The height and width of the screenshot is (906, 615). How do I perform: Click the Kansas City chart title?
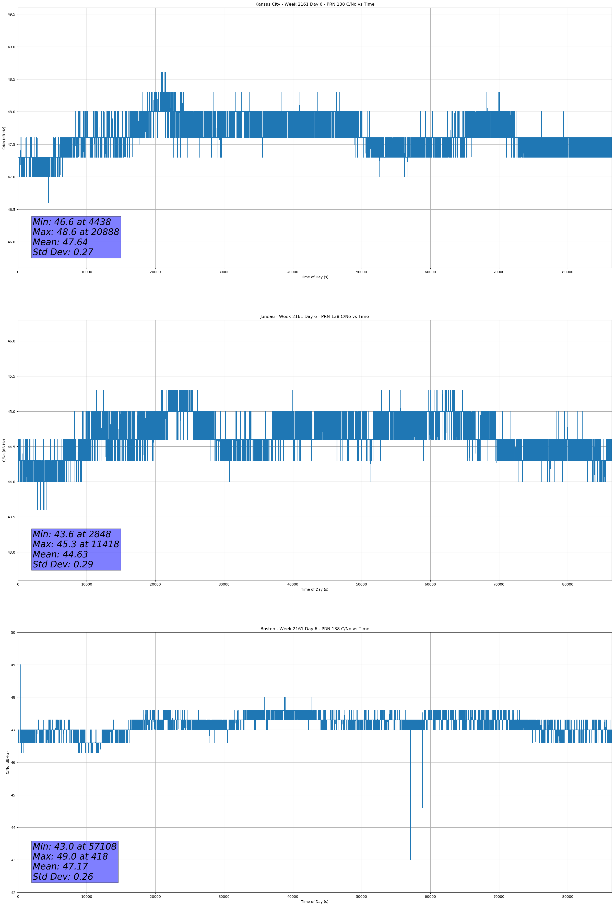314,4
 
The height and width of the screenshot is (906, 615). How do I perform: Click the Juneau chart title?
314,317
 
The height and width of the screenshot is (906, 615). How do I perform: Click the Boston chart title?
314,629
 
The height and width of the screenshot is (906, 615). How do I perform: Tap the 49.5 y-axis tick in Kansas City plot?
11,14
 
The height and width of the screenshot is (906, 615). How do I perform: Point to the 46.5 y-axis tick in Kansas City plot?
11,209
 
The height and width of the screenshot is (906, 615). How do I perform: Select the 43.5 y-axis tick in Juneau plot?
11,517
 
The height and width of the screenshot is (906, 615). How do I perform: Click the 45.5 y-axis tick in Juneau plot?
11,376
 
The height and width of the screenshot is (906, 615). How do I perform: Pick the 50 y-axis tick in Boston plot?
13,632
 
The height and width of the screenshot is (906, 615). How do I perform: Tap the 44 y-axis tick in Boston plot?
13,827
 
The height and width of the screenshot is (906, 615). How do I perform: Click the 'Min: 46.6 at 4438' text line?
72,222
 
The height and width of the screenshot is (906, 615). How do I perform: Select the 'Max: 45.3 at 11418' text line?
76,544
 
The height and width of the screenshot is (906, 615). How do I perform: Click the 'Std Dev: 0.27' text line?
63,252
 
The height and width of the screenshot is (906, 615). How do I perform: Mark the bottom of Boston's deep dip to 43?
410,859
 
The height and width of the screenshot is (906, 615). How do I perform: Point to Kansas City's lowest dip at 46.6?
48,202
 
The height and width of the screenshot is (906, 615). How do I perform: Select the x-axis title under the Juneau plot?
314,589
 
